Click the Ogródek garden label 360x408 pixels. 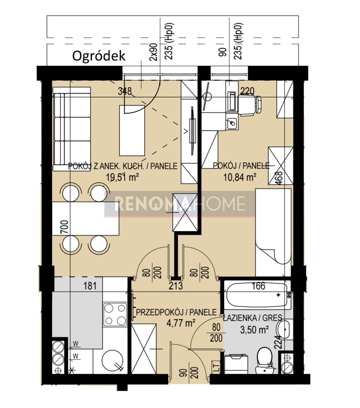(x=99, y=56)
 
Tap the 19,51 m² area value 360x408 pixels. (x=122, y=177)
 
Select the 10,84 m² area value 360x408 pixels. (x=240, y=177)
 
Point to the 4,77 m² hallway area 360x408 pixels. (x=181, y=323)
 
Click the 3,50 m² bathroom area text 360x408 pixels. (x=254, y=330)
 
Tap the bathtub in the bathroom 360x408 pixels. (x=257, y=295)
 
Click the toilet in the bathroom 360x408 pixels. (x=264, y=360)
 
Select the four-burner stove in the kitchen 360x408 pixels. (x=115, y=314)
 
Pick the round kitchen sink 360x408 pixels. (x=112, y=361)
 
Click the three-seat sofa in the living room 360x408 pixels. (x=72, y=129)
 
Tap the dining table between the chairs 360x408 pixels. (x=86, y=219)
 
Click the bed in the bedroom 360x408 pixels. (x=273, y=232)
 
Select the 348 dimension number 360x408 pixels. (x=125, y=91)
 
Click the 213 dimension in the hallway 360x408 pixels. (x=176, y=286)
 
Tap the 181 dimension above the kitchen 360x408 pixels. (x=90, y=286)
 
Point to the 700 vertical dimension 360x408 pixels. (x=65, y=227)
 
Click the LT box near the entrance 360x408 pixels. (x=216, y=367)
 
